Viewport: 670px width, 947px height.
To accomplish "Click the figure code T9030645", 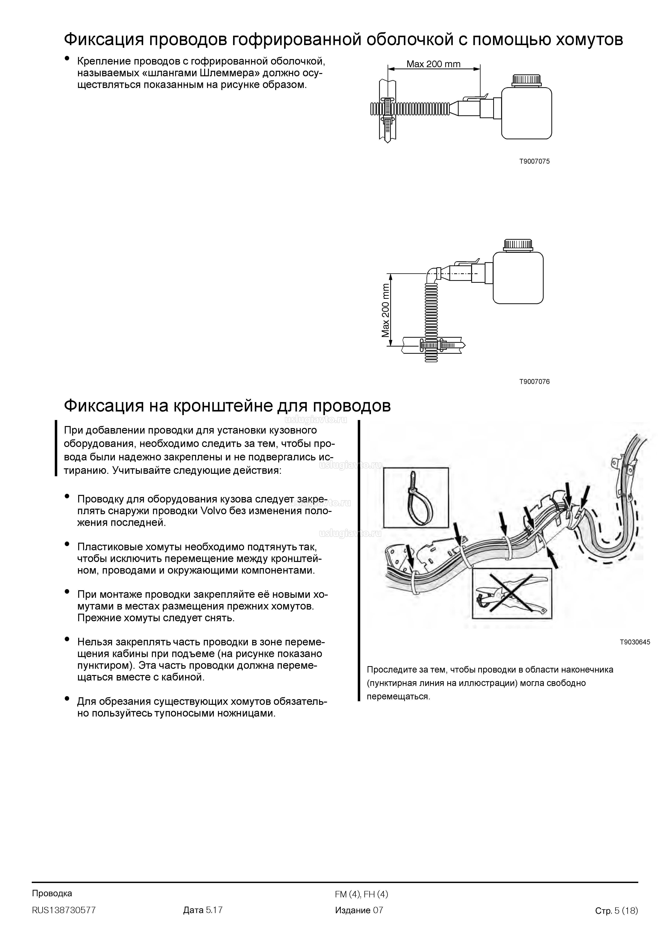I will click(x=634, y=642).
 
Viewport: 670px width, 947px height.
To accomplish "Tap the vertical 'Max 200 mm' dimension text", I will click(x=386, y=310).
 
